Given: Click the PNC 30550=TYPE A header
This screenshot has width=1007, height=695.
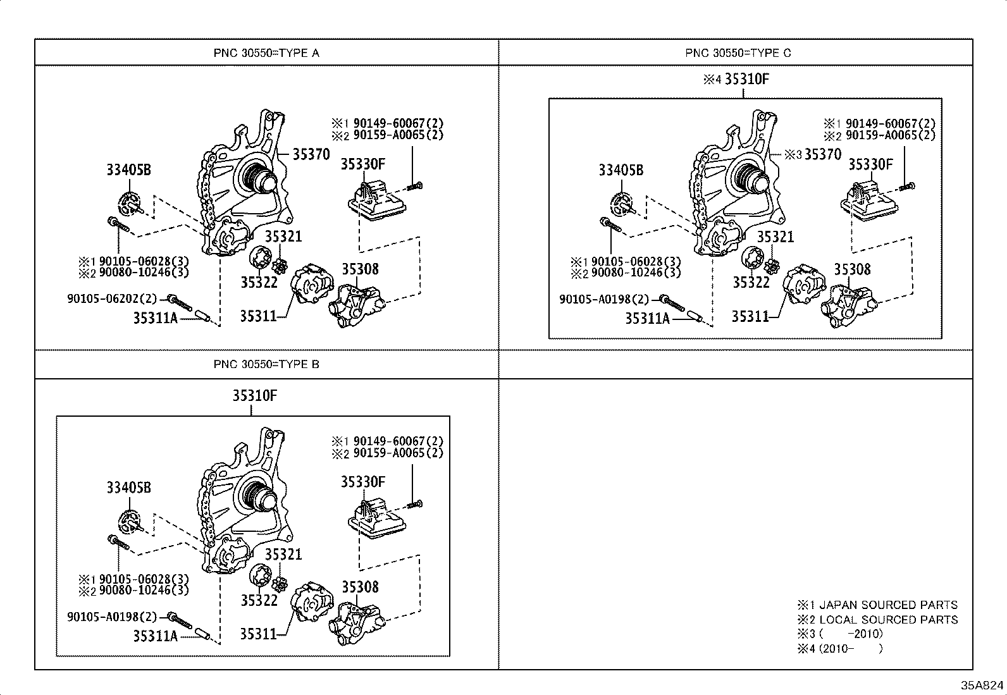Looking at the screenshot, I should coord(266,53).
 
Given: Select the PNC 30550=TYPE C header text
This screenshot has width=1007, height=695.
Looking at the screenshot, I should coord(738,53).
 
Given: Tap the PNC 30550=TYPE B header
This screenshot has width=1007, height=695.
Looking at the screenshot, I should coord(266,364).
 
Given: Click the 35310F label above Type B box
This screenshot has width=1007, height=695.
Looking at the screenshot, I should coord(254,396).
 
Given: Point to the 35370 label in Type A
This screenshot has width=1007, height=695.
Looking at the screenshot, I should coord(311,154).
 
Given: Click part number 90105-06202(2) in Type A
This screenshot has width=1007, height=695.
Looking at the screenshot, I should coord(111,298).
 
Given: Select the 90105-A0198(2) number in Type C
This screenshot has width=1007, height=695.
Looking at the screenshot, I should coord(604,298).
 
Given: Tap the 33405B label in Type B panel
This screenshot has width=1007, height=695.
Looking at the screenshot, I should coord(128,488).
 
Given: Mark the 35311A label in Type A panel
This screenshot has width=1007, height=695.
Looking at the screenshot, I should coord(155,317).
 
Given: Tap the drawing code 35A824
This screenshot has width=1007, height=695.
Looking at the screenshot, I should coord(982,686).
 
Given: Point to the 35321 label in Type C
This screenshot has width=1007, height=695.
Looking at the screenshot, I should coord(775,237).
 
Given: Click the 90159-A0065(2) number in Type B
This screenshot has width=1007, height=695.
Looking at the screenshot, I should coord(398,453).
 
